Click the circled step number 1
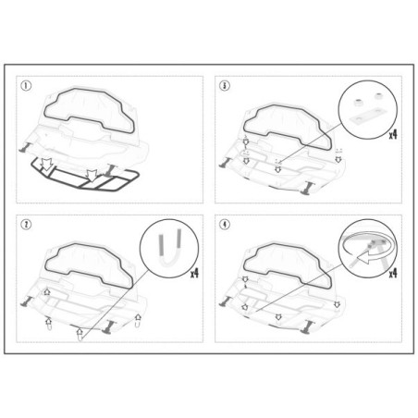pyautogui.click(x=26, y=85)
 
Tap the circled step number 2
pyautogui.click(x=26, y=225)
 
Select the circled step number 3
pyautogui.click(x=225, y=85)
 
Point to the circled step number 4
pyautogui.click(x=225, y=225)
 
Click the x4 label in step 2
pyautogui.click(x=194, y=273)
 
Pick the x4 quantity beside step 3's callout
pyautogui.click(x=393, y=134)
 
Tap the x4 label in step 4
pyautogui.click(x=393, y=273)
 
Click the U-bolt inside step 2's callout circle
pyautogui.click(x=169, y=249)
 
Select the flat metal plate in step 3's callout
pyautogui.click(x=367, y=117)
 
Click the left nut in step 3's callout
pyautogui.click(x=359, y=103)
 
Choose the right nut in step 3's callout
pyautogui.click(x=379, y=95)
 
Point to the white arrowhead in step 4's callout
pyautogui.click(x=364, y=257)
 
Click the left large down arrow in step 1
pyautogui.click(x=47, y=165)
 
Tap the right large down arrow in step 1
pyautogui.click(x=92, y=175)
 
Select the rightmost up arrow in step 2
pyautogui.click(x=138, y=317)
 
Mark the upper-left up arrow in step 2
pyautogui.click(x=47, y=291)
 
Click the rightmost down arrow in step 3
pyautogui.click(x=338, y=159)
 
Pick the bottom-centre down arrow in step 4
pyautogui.click(x=278, y=316)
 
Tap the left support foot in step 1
pyautogui.click(x=25, y=147)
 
